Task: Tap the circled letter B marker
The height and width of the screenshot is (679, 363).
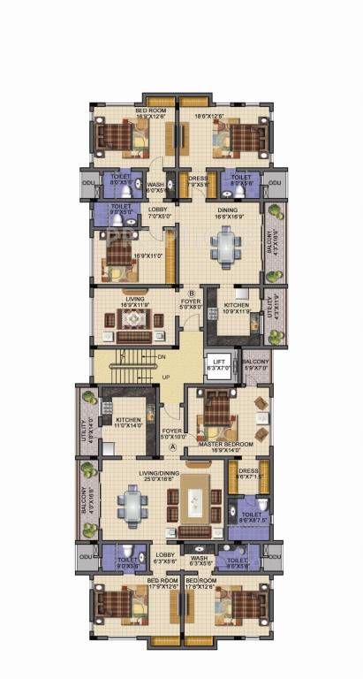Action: coord(192,293)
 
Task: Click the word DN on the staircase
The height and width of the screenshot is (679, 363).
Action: coord(162,356)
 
